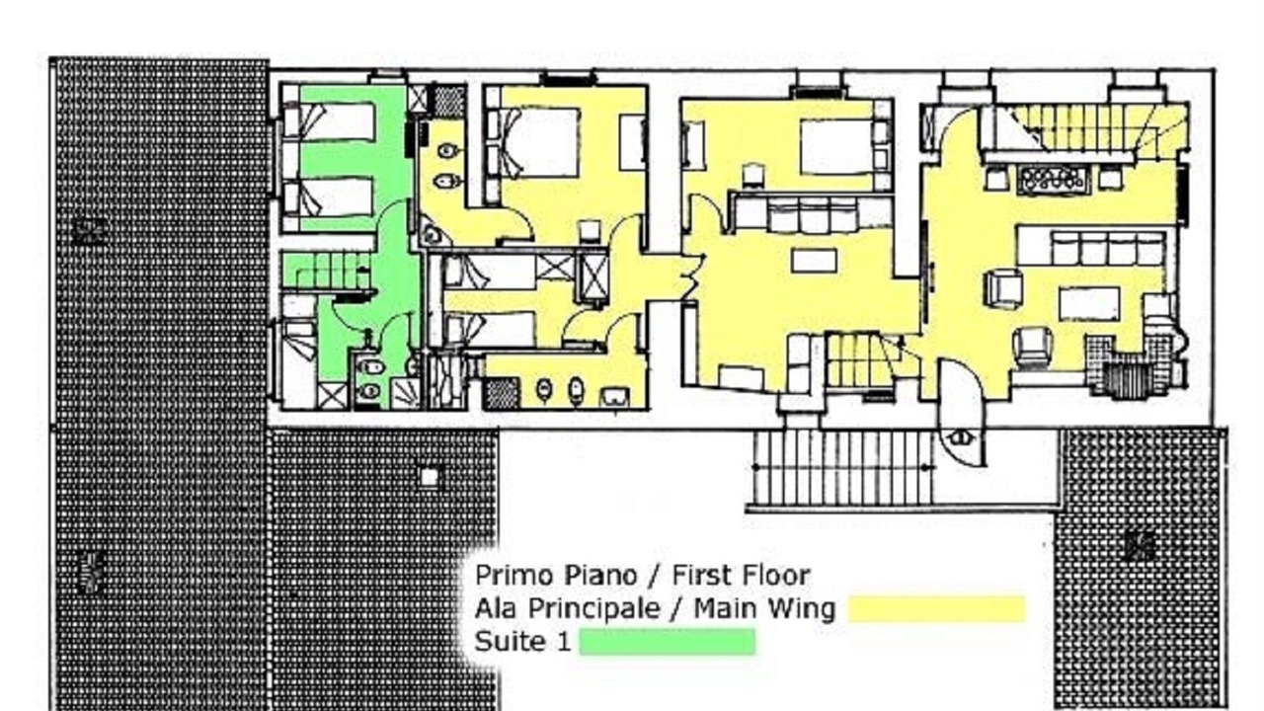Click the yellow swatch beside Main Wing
point(937,609)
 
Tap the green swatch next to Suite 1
point(668,642)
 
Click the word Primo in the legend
point(513,576)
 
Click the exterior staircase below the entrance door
point(843,468)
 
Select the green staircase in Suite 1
point(326,271)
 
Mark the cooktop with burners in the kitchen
point(1053,181)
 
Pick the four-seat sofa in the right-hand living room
point(1107,248)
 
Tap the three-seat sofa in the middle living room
point(813,214)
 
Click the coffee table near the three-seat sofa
point(814,261)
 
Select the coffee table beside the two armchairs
point(1089,304)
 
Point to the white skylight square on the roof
point(430,477)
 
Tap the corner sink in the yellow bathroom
point(433,235)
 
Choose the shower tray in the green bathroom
point(405,392)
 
